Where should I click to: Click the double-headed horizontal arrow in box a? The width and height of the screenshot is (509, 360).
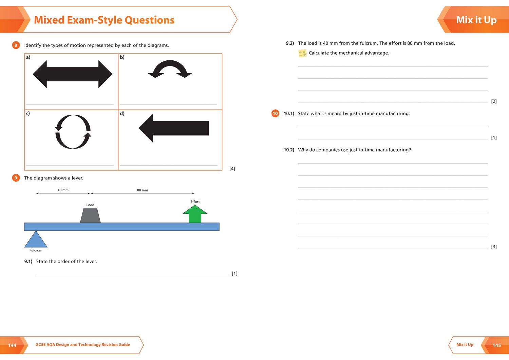pyautogui.click(x=72, y=74)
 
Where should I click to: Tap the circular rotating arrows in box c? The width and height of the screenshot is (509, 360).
pyautogui.click(x=73, y=132)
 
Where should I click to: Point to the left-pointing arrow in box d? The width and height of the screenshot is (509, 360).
pyautogui.click(x=174, y=128)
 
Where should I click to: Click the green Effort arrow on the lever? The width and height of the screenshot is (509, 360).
pyautogui.click(x=195, y=214)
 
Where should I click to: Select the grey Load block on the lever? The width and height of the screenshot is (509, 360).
pyautogui.click(x=90, y=215)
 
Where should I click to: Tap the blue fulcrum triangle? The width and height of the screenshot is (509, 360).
pyautogui.click(x=36, y=240)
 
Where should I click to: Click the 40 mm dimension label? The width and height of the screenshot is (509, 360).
pyautogui.click(x=63, y=190)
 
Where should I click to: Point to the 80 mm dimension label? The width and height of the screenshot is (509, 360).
pyautogui.click(x=143, y=190)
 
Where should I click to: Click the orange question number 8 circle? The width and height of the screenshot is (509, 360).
pyautogui.click(x=16, y=45)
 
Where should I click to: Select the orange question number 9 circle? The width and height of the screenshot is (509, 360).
pyautogui.click(x=16, y=178)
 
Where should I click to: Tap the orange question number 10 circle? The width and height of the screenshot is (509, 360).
pyautogui.click(x=275, y=113)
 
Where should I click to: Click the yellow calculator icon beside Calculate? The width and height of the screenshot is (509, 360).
pyautogui.click(x=302, y=53)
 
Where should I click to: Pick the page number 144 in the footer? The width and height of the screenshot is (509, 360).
pyautogui.click(x=12, y=345)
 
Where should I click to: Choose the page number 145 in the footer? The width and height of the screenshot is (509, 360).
pyautogui.click(x=496, y=345)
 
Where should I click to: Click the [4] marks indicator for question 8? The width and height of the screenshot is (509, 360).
pyautogui.click(x=232, y=169)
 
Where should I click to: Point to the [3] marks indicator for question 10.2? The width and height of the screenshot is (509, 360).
pyautogui.click(x=494, y=247)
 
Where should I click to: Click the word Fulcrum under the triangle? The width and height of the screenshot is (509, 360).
pyautogui.click(x=36, y=250)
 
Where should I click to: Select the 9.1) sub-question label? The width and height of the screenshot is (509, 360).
pyautogui.click(x=28, y=261)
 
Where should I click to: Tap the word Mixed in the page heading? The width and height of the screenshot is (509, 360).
pyautogui.click(x=49, y=20)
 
